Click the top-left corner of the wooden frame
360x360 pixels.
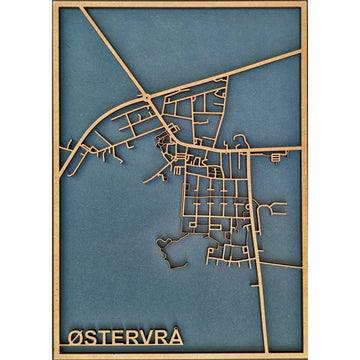(54, 4)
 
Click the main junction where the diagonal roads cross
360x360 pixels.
(149, 96)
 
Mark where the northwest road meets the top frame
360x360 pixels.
(81, 7)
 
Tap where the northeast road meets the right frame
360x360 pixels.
(301, 52)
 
